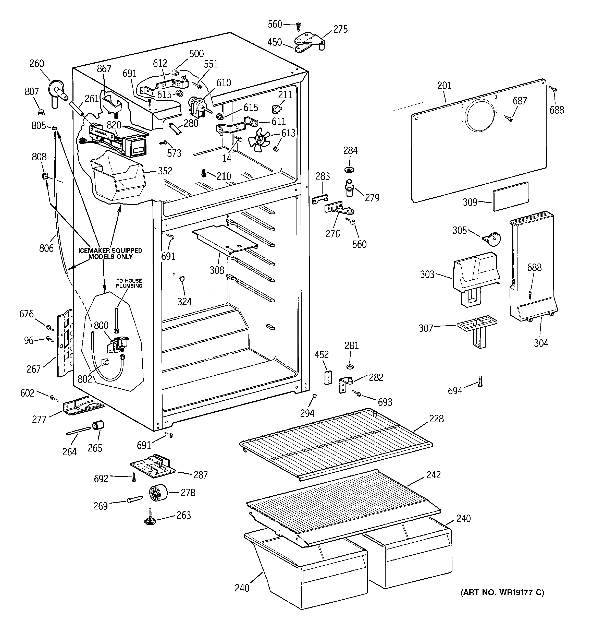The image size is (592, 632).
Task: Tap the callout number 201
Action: [444, 86]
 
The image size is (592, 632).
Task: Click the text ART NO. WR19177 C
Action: [502, 592]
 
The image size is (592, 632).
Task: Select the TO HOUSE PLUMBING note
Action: [129, 283]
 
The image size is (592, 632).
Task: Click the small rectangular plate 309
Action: [511, 196]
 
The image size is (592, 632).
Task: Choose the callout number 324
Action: [184, 301]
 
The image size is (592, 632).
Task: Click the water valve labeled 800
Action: [118, 344]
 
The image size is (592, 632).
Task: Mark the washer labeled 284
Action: [350, 169]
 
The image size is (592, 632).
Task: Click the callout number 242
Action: [434, 475]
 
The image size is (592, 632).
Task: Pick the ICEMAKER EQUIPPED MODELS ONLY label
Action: [110, 253]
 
